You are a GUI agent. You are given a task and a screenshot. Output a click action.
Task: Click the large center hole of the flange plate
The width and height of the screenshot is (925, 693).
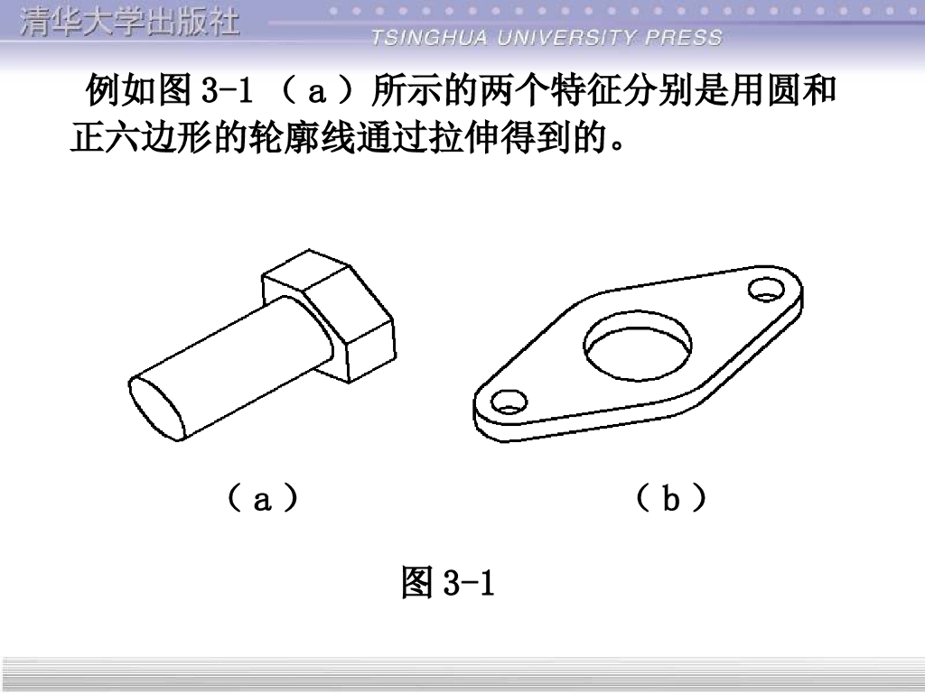click(638, 346)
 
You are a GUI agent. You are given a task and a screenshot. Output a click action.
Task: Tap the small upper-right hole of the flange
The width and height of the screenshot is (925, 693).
click(767, 289)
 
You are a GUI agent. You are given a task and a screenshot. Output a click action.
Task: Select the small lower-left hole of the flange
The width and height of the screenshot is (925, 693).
click(509, 402)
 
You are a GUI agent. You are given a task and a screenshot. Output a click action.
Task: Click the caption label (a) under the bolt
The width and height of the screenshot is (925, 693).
click(262, 498)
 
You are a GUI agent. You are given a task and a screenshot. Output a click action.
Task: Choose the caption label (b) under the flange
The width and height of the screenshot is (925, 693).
click(671, 498)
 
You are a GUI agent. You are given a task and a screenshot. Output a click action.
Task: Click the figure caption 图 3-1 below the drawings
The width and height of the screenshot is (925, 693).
click(448, 582)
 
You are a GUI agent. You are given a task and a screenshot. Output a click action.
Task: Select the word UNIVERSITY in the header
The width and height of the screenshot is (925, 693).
click(567, 38)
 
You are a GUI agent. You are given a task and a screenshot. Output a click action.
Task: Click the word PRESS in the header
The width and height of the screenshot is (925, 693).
click(684, 38)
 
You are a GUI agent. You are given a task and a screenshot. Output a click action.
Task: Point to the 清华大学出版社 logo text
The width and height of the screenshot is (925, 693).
click(130, 23)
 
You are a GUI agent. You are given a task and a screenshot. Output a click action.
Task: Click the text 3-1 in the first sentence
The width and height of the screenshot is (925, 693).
click(227, 91)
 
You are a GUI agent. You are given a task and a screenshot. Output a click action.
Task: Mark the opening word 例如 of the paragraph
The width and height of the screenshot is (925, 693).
click(122, 90)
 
